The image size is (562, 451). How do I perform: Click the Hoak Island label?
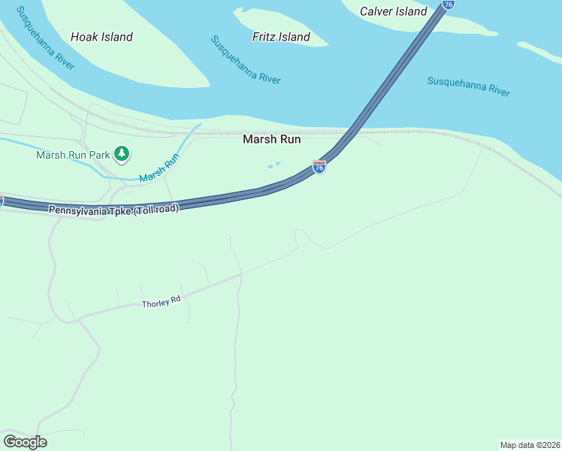tap(101, 37)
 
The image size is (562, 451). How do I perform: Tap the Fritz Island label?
tap(282, 37)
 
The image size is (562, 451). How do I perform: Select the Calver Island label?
tap(393, 11)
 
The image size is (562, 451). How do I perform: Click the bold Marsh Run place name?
tap(271, 139)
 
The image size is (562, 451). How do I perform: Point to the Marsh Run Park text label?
tap(73, 156)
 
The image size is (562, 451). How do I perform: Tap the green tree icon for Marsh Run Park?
tap(122, 155)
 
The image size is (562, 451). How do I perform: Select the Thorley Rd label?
tap(162, 301)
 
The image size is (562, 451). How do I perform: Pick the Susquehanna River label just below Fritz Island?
tap(246, 60)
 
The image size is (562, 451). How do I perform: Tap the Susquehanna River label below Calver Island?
tap(469, 86)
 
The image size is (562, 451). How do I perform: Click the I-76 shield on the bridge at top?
tap(448, 5)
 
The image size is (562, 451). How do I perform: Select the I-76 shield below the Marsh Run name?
tap(319, 167)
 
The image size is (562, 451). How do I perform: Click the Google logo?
tap(25, 441)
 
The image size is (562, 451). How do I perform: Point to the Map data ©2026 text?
tap(530, 445)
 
